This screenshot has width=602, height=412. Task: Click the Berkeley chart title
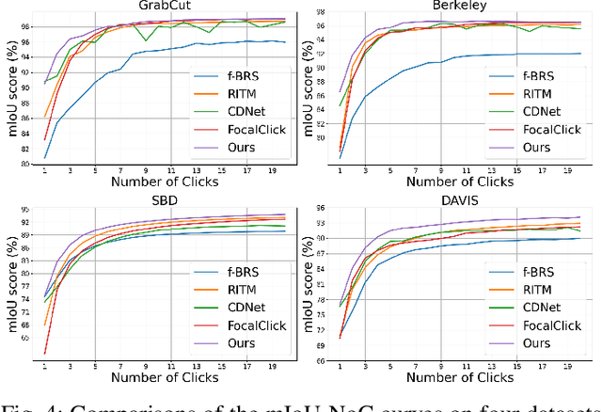(459, 6)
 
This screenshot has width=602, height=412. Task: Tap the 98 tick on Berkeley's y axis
(325, 11)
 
